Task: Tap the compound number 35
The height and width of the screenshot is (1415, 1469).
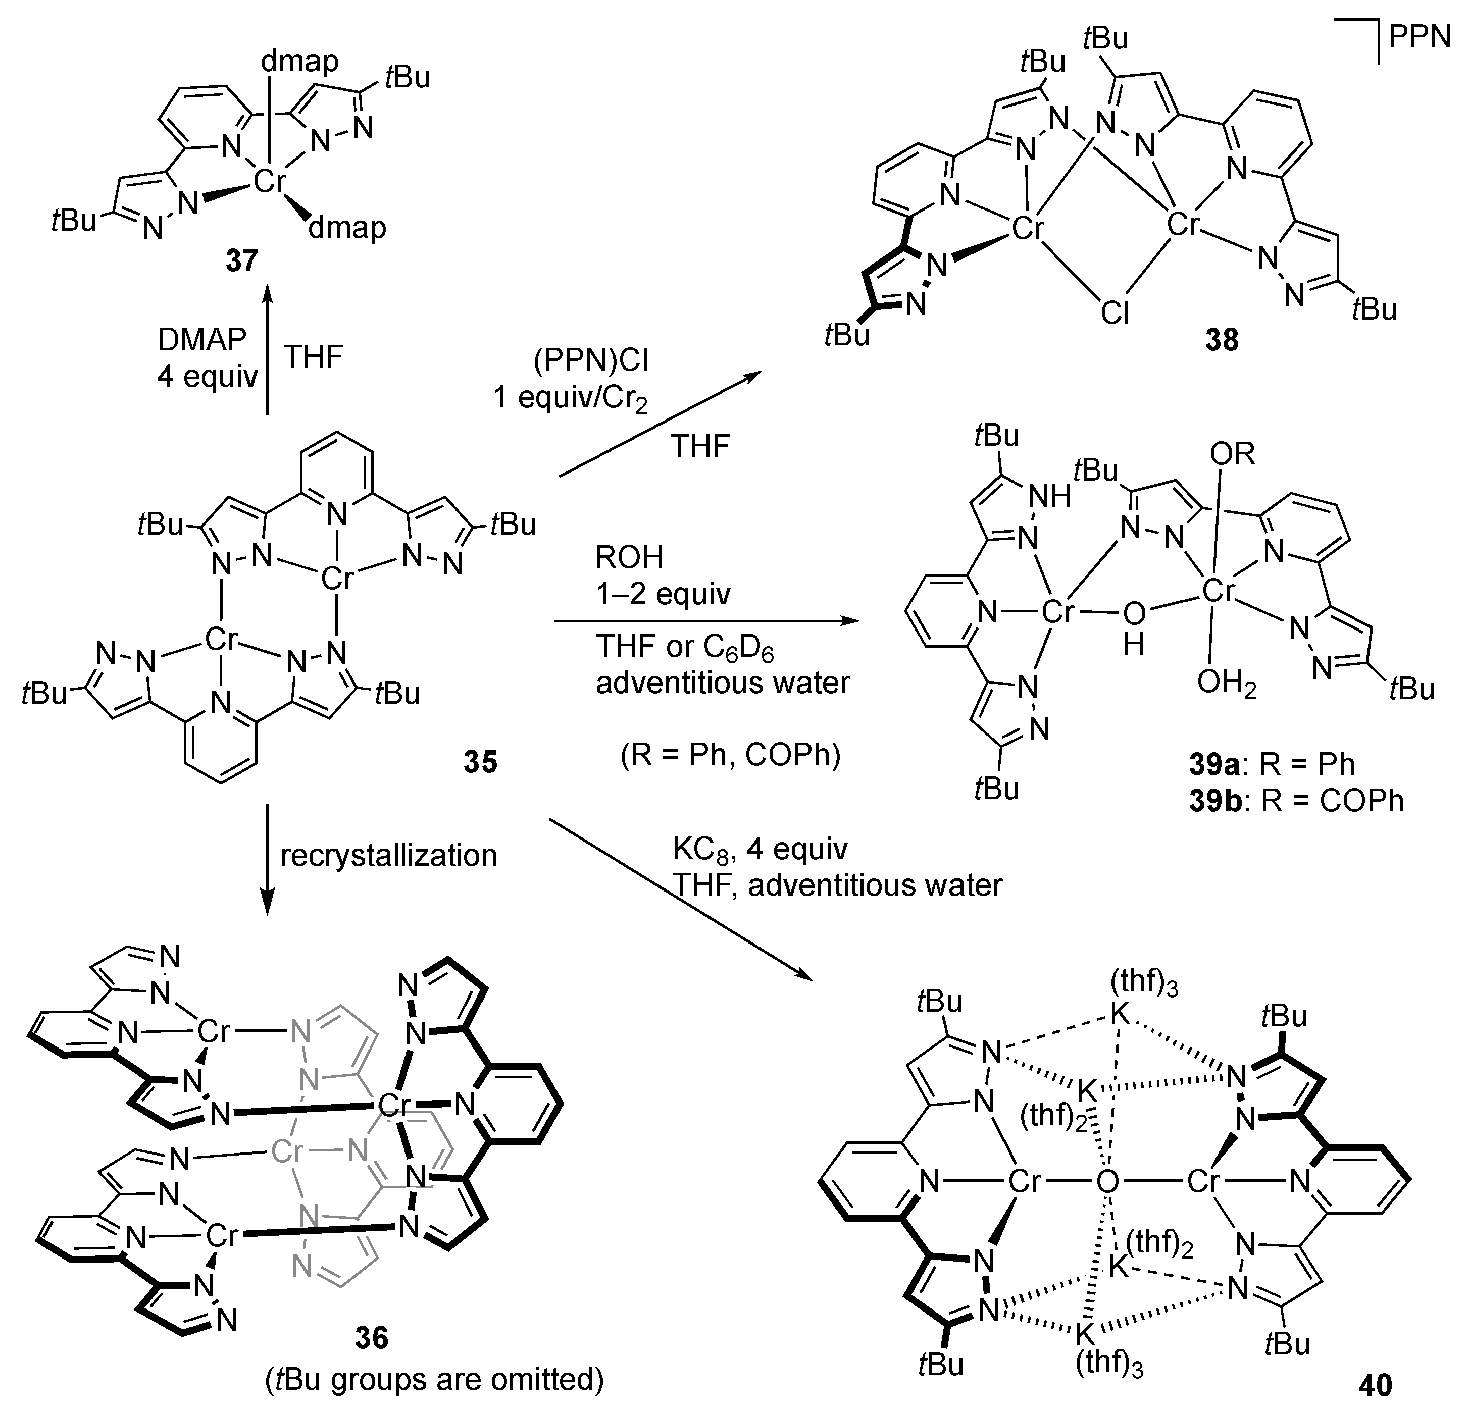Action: (480, 762)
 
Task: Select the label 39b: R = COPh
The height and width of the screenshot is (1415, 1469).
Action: (1296, 801)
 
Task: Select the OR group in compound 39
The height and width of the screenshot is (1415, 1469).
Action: (1232, 454)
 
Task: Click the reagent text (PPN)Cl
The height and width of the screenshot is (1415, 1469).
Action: (591, 361)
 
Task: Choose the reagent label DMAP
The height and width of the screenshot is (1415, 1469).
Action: (201, 340)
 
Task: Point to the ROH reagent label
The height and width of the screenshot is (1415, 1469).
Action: (630, 557)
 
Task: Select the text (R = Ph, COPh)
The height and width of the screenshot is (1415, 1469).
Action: (730, 755)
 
